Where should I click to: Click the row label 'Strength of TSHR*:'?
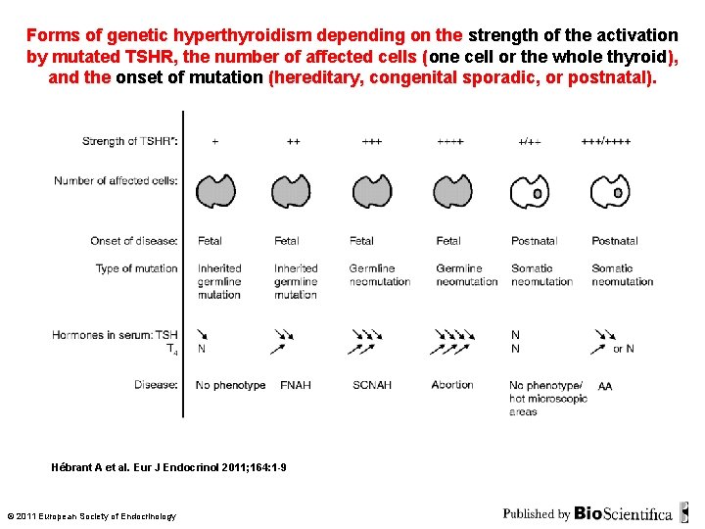coord(130,141)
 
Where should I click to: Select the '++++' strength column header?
coord(449,141)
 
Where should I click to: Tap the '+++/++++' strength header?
coord(606,141)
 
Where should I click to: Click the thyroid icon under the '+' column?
coord(217,191)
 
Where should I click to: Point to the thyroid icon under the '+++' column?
coord(370,191)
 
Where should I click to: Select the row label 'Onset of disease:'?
coord(134,241)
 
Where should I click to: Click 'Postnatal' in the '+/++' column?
coord(534,241)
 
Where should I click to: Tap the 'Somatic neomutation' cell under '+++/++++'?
coord(622,274)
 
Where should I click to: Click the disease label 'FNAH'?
coord(296,385)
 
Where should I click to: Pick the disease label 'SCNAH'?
coord(372,385)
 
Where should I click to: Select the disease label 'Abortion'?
coord(452,385)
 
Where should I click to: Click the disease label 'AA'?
coord(605,387)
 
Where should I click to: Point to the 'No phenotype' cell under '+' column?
coord(230,385)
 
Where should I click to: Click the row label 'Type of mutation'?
coord(137,268)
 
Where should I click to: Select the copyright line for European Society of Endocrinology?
coord(91,516)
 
